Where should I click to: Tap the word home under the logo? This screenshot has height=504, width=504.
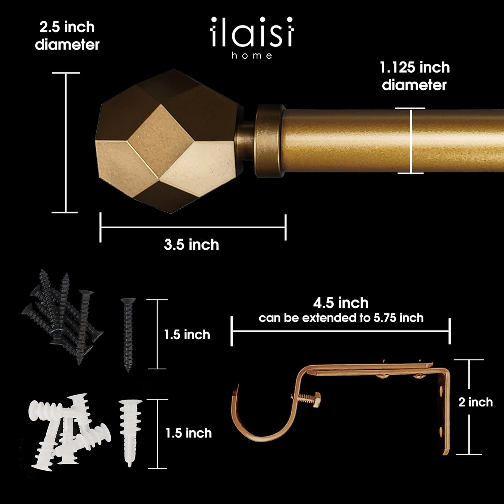coord(252,56)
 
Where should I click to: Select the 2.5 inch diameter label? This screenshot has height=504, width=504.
coord(67,36)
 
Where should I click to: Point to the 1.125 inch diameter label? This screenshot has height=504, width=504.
coord(414,76)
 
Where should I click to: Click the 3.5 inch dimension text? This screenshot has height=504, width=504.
coord(192,245)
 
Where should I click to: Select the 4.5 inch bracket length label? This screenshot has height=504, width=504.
coord(341,303)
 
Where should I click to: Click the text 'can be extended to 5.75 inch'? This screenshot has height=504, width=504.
coord(341,318)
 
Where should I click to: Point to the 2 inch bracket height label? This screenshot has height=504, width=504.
coord(475,402)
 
